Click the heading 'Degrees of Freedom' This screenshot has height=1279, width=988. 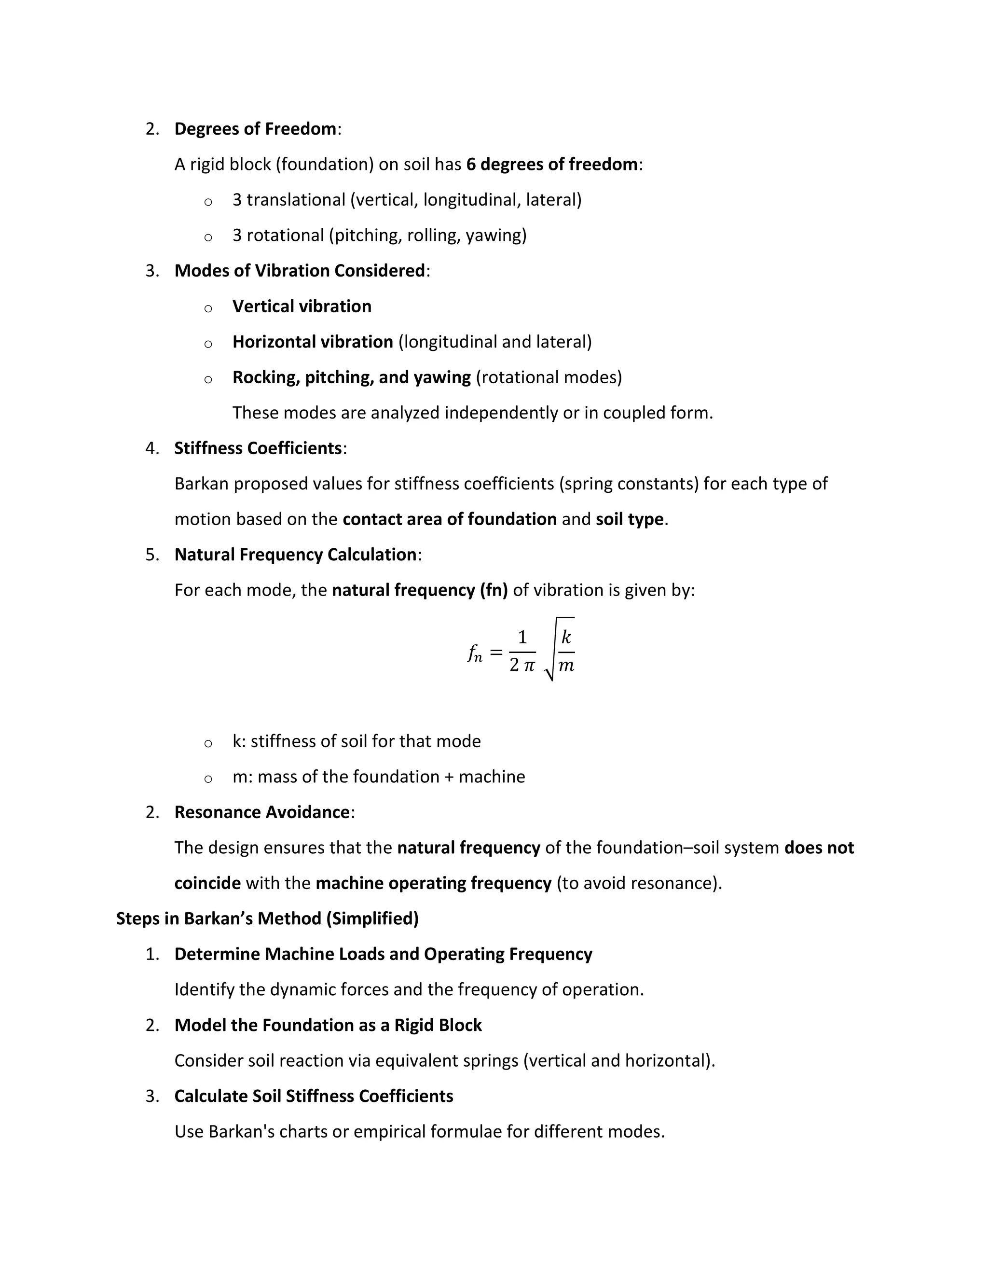tap(255, 129)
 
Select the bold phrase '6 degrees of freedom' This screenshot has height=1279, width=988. tap(551, 165)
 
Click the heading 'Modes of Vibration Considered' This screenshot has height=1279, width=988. tap(299, 271)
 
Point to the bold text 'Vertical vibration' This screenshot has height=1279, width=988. tap(302, 306)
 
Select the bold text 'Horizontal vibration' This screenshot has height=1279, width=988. tap(313, 342)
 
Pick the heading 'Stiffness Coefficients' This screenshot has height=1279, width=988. tap(258, 448)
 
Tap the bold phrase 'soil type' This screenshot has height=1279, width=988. tap(629, 519)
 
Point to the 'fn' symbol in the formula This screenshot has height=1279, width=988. tap(475, 653)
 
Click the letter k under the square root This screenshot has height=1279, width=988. tap(566, 637)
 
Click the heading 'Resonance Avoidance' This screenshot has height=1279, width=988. tap(261, 812)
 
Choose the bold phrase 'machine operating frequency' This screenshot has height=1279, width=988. tap(433, 883)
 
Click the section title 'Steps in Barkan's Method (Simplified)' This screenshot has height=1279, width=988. tap(267, 919)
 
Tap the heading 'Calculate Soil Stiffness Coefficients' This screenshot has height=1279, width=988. tap(314, 1096)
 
